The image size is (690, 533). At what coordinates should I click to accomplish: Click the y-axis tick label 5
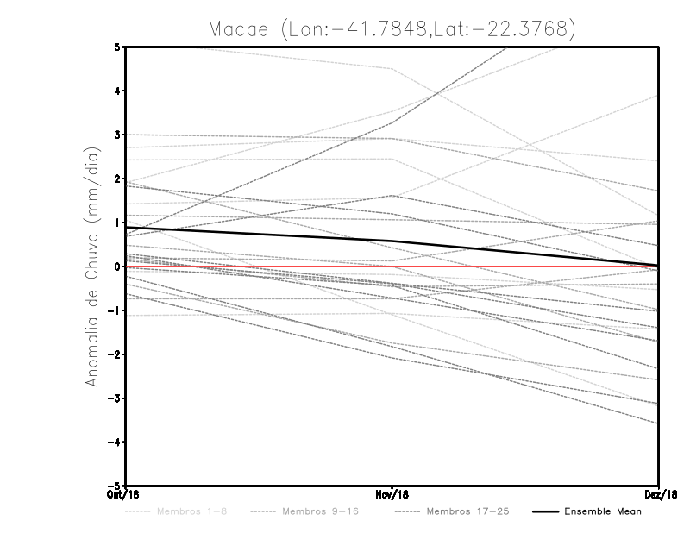[x=117, y=47]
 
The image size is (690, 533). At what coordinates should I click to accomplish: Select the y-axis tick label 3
[x=117, y=135]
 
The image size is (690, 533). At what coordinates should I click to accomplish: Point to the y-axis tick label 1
[x=117, y=223]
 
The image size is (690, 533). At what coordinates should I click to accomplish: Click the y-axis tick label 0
[x=117, y=266]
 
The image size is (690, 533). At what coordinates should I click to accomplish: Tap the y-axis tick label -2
[x=114, y=354]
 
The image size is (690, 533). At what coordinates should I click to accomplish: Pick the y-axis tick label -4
[x=114, y=442]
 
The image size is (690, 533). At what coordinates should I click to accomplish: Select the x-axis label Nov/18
[x=392, y=495]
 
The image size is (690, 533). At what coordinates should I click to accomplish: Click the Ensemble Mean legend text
[x=603, y=512]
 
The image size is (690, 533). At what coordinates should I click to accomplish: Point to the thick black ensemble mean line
[x=259, y=235]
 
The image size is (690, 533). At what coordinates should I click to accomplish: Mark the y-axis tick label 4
[x=117, y=91]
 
